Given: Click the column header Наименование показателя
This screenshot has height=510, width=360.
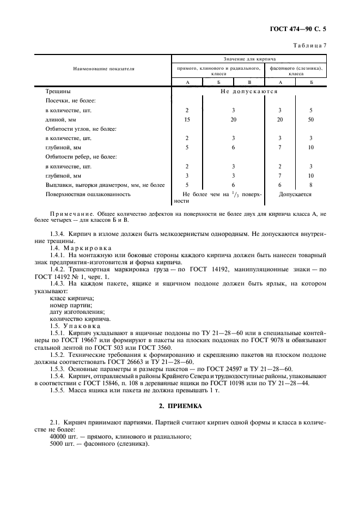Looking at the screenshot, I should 103,69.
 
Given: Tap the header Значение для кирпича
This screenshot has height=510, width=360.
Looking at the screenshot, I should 249,58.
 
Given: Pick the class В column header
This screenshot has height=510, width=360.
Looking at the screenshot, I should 249,82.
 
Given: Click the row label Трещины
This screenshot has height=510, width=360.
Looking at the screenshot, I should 58,91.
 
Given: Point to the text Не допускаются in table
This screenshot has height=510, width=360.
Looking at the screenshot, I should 249,91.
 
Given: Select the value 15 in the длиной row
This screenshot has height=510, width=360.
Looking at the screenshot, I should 187,119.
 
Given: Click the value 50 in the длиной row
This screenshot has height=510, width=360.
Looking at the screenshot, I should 311,119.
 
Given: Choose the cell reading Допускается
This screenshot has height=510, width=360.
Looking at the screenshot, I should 295,194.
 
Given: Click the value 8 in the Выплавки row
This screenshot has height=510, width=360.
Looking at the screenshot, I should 311,185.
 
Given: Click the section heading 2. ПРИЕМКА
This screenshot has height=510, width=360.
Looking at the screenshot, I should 180,406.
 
